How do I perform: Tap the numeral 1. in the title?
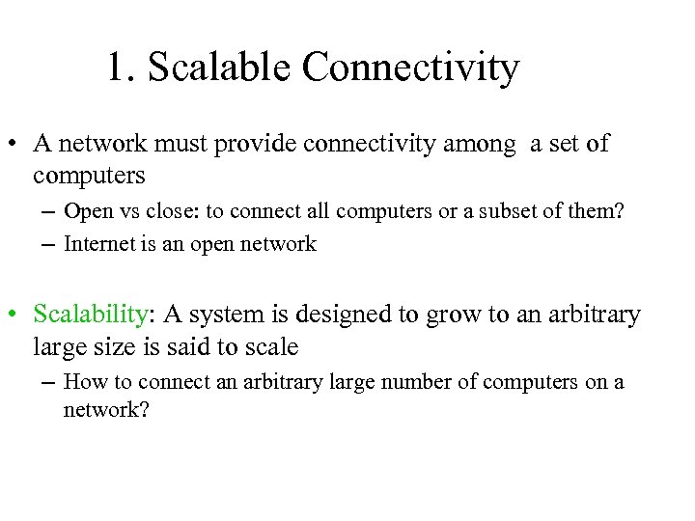120,69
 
